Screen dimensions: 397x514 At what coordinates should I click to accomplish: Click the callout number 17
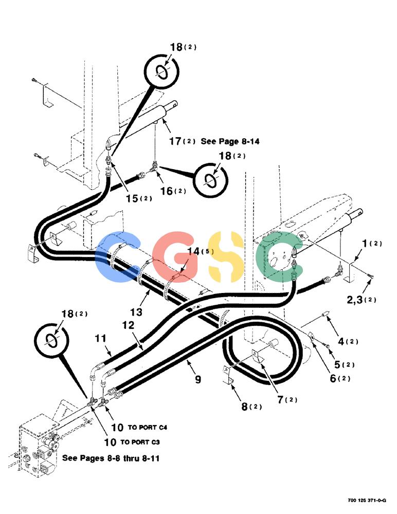[x=175, y=141]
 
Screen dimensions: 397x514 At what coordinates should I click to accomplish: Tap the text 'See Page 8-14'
[x=230, y=141]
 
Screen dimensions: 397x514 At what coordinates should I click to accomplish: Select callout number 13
[x=136, y=312]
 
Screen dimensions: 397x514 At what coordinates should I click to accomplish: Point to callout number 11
[x=101, y=338]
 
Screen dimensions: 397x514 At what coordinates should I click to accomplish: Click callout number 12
[x=128, y=325]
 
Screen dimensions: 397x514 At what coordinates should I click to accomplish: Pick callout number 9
[x=198, y=379]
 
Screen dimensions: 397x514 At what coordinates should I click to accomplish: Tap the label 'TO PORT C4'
[x=147, y=428]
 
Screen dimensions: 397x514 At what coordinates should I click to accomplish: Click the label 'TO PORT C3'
[x=140, y=442]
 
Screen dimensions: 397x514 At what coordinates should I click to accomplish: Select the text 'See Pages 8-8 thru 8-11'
[x=111, y=458]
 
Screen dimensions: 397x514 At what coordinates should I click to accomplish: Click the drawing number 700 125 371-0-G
[x=367, y=500]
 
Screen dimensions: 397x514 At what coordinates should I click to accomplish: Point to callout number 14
[x=193, y=251]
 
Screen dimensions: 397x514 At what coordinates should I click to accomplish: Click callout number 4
[x=341, y=341]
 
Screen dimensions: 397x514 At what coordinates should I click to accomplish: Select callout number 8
[x=244, y=407]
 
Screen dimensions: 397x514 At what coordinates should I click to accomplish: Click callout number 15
[x=132, y=198]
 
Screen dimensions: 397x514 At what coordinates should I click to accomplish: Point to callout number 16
[x=166, y=191]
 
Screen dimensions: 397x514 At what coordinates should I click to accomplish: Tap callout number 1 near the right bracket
[x=364, y=243]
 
